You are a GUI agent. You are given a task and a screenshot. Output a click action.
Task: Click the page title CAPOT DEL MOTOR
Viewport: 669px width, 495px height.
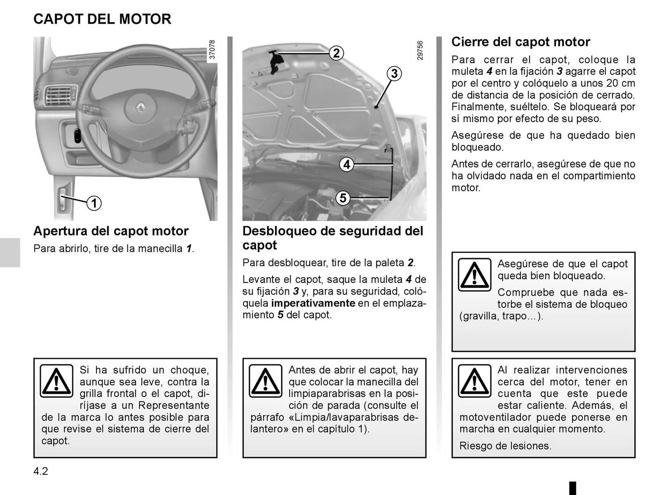pos(102,19)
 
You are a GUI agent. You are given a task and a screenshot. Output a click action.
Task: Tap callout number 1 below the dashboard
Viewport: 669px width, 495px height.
pos(94,203)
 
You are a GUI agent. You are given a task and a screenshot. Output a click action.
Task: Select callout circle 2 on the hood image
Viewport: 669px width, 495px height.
pos(336,53)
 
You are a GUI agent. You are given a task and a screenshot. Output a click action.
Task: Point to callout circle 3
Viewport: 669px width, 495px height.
pos(394,74)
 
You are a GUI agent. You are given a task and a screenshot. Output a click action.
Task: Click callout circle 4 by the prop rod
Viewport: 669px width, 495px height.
pos(346,164)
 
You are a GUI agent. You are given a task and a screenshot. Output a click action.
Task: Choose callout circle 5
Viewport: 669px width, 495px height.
pos(343,198)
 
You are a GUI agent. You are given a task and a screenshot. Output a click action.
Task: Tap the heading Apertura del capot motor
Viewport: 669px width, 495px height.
pos(111,231)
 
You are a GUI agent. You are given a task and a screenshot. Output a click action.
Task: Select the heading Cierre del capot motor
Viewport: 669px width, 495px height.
pos(521,42)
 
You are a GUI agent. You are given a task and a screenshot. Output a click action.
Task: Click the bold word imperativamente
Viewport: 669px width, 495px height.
pos(313,303)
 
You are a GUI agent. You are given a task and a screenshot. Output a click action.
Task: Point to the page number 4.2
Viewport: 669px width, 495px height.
pos(41,471)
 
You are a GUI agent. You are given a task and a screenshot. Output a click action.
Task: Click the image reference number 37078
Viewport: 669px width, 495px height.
pos(212,49)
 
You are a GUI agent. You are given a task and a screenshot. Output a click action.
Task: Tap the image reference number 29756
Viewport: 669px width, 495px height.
pos(420,51)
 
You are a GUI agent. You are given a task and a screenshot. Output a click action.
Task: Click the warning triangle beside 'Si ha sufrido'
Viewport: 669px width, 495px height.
pos(56,381)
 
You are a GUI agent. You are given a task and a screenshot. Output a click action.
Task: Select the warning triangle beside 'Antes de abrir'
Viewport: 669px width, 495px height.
pos(266,381)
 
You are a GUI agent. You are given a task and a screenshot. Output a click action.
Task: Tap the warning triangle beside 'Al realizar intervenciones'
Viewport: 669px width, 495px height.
pos(475,381)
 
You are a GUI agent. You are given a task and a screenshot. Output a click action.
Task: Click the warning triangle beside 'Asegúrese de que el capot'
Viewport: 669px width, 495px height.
pos(475,275)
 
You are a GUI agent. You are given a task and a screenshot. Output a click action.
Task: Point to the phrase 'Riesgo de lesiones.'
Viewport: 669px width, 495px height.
pos(505,446)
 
